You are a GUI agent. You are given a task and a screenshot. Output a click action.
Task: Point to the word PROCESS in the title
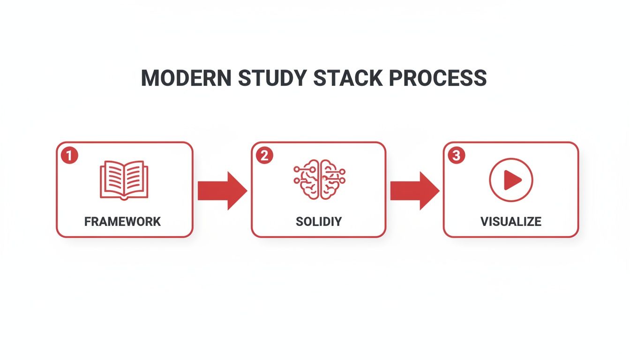click(438, 78)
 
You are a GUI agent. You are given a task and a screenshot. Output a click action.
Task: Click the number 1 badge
click(69, 156)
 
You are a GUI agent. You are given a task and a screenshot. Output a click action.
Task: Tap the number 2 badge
click(264, 156)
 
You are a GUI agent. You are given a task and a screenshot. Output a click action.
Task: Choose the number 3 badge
click(456, 156)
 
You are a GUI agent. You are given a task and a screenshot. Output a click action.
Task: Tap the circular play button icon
click(511, 180)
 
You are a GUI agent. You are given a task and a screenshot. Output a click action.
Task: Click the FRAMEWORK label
click(123, 222)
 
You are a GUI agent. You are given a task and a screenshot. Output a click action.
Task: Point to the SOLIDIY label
click(319, 222)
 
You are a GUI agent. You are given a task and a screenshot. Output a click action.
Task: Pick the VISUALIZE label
click(511, 222)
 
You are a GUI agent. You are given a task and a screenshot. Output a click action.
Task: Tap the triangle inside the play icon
click(512, 180)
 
